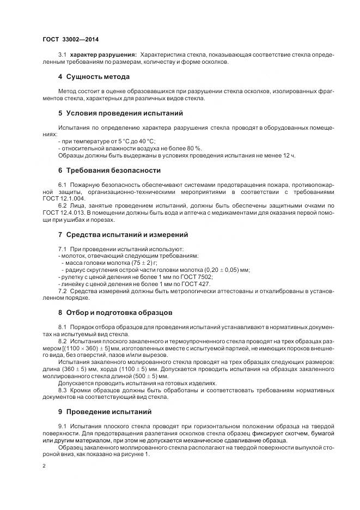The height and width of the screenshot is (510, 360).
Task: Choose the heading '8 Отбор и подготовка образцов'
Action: click(115, 313)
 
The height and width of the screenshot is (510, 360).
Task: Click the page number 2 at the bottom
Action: click(44, 466)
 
